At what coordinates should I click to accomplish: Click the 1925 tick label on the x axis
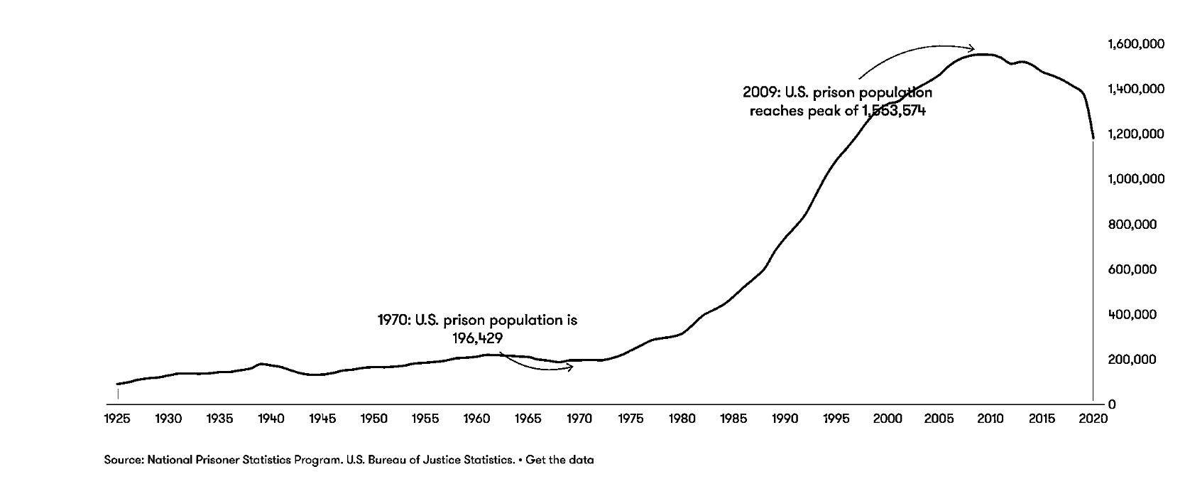click(117, 419)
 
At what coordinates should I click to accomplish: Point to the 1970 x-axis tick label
click(579, 419)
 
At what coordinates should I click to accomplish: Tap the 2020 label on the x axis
click(1093, 419)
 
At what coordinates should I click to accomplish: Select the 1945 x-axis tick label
click(322, 419)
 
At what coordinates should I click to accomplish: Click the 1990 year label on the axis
click(785, 419)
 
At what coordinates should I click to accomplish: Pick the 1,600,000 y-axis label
click(1136, 44)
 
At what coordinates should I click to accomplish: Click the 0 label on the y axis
click(1112, 404)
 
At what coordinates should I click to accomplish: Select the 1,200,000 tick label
click(1136, 134)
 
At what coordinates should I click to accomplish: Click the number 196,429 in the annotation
click(477, 338)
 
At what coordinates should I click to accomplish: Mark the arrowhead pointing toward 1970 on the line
click(569, 367)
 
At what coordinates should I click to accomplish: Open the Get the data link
click(559, 460)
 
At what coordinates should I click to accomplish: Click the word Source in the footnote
click(123, 460)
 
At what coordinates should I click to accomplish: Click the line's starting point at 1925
click(118, 384)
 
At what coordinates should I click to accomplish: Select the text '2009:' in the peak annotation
click(762, 92)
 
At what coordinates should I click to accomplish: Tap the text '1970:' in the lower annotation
click(393, 321)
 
